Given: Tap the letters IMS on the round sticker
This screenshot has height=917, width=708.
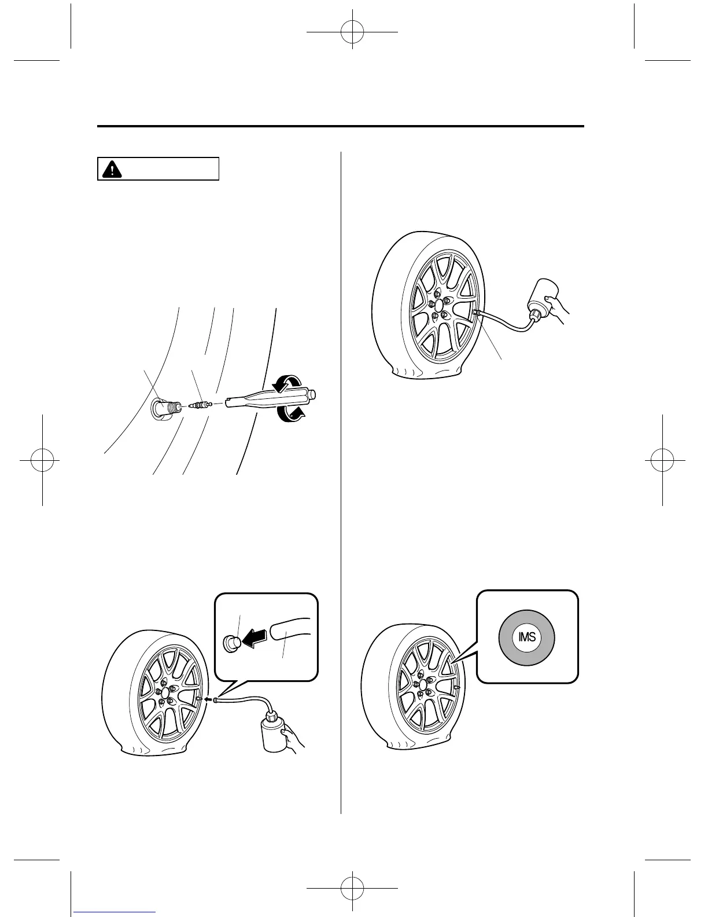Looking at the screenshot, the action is (527, 637).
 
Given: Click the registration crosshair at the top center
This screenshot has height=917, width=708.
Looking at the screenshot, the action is (352, 32).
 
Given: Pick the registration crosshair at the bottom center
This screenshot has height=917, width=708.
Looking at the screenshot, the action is (352, 885).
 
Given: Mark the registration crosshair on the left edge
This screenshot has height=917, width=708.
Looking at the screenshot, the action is (43, 460).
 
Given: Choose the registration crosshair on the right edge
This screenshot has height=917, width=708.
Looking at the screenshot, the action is (662, 460).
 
